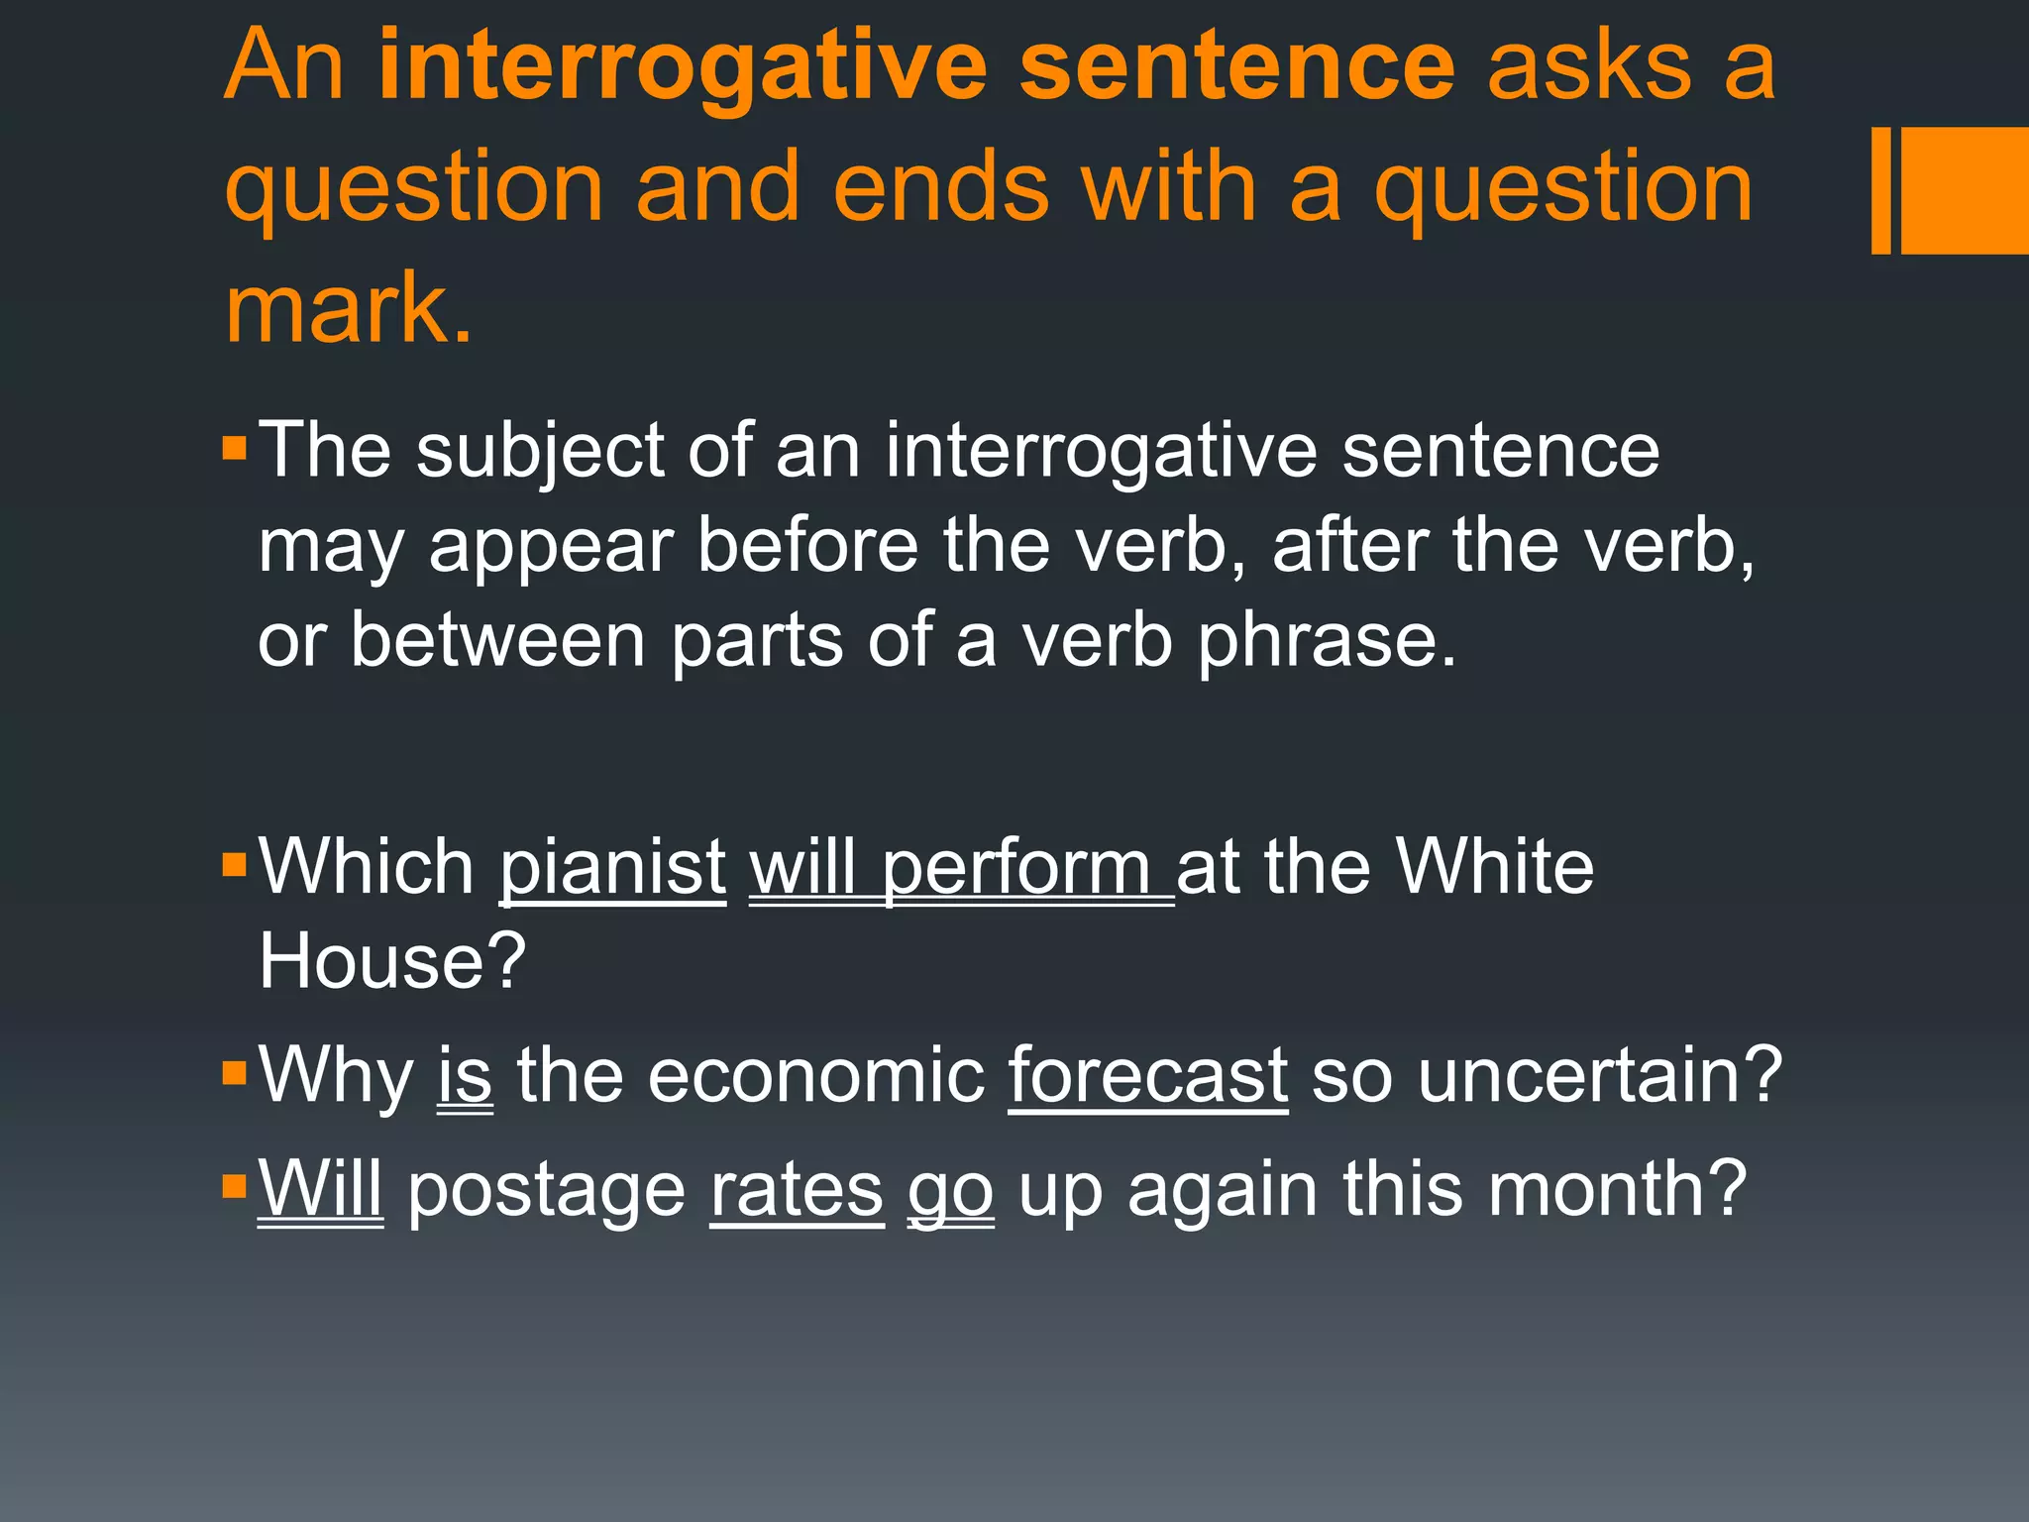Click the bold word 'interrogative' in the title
pos(683,66)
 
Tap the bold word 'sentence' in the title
pos(1236,66)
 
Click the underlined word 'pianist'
pos(613,867)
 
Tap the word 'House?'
pos(392,961)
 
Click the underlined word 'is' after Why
pos(465,1075)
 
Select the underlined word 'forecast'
pos(1148,1075)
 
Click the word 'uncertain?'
pos(1600,1075)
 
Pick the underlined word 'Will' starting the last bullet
pos(320,1189)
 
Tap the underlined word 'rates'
pos(797,1189)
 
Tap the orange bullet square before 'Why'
pos(235,1073)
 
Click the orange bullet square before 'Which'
pos(235,865)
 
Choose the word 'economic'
pos(816,1075)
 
